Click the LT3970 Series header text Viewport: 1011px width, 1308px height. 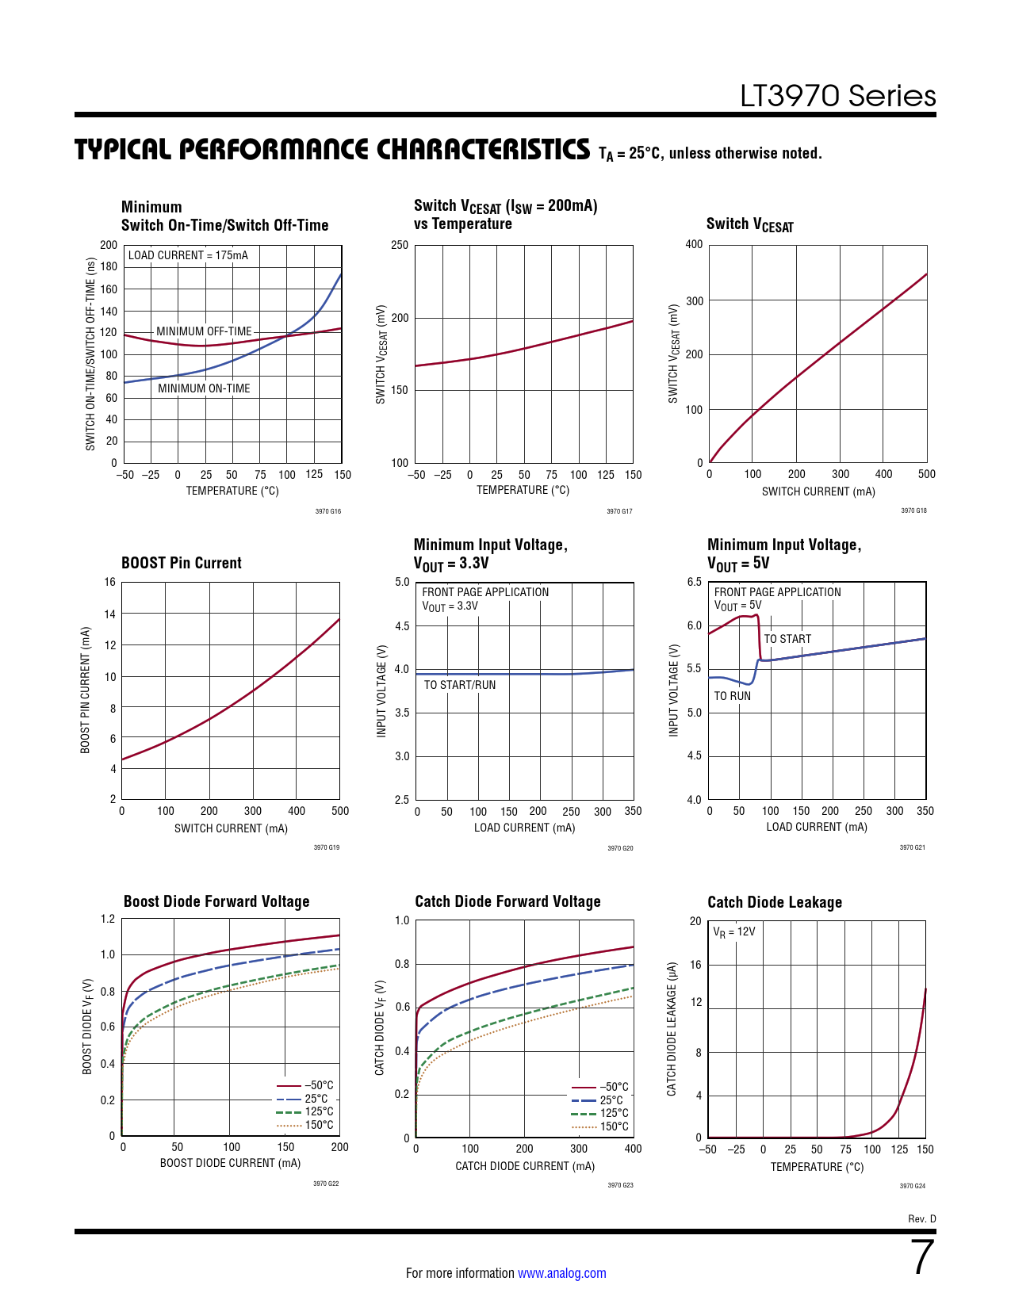tap(837, 96)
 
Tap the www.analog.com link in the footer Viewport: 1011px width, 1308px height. tap(561, 1273)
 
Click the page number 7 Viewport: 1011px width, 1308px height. tap(922, 1257)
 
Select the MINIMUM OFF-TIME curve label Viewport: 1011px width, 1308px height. tap(204, 331)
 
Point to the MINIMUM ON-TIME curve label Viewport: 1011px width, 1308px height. tap(204, 388)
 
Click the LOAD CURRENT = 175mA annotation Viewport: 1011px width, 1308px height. tap(188, 255)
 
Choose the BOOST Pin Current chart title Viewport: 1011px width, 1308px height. tap(181, 563)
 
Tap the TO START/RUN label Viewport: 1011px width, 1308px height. tap(460, 685)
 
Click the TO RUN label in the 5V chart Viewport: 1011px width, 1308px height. tap(732, 696)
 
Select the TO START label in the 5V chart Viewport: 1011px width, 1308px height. tap(787, 639)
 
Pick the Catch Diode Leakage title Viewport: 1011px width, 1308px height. tap(775, 902)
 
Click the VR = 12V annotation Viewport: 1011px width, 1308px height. tap(734, 932)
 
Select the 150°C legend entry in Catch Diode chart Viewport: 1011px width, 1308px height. tap(614, 1126)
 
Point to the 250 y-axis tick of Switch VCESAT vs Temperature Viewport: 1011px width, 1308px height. tap(400, 245)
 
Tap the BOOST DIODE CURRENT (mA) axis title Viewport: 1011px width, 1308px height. tap(230, 1163)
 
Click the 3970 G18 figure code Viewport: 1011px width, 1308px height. tap(913, 511)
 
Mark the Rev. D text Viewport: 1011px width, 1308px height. tap(921, 1218)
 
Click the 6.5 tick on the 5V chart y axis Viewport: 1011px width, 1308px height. tap(694, 582)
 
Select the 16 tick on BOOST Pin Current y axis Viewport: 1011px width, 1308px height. tap(109, 582)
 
